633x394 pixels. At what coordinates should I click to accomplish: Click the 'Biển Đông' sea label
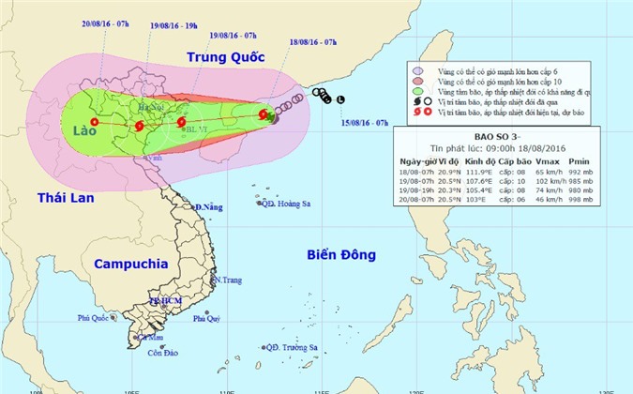tap(341, 254)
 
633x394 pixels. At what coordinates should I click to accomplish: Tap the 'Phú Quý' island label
tap(206, 319)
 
